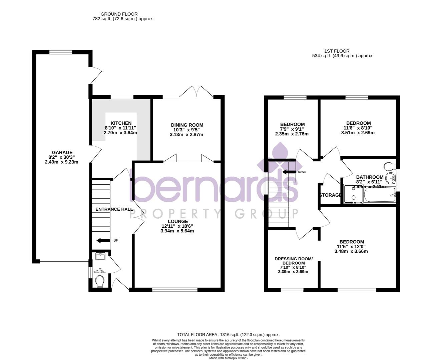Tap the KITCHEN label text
(x=121, y=123)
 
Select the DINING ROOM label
(x=187, y=125)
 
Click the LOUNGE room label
(x=177, y=221)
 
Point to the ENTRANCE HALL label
(x=114, y=209)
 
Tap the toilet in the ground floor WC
(x=99, y=283)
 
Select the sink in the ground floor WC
(x=100, y=256)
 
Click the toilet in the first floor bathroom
(x=388, y=166)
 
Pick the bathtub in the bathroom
(x=379, y=195)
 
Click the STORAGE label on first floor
(x=330, y=195)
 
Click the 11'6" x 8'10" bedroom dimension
(x=358, y=128)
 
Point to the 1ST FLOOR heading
(x=337, y=51)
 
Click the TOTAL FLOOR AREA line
(x=228, y=334)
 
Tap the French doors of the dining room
(x=198, y=92)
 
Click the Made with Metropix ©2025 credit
(x=228, y=358)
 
